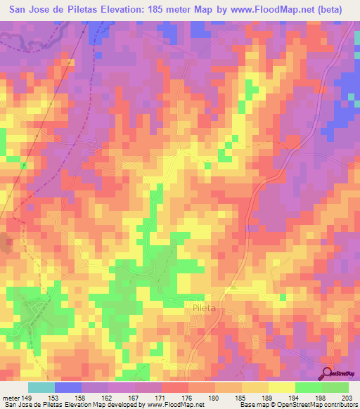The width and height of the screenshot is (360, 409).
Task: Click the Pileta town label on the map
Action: point(200,308)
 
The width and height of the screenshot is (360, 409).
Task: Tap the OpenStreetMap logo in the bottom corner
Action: point(340,373)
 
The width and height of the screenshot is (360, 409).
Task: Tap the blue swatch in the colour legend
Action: point(68,387)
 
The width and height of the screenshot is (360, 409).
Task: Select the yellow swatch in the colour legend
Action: point(280,387)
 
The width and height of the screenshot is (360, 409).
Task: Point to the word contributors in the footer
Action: point(340,405)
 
